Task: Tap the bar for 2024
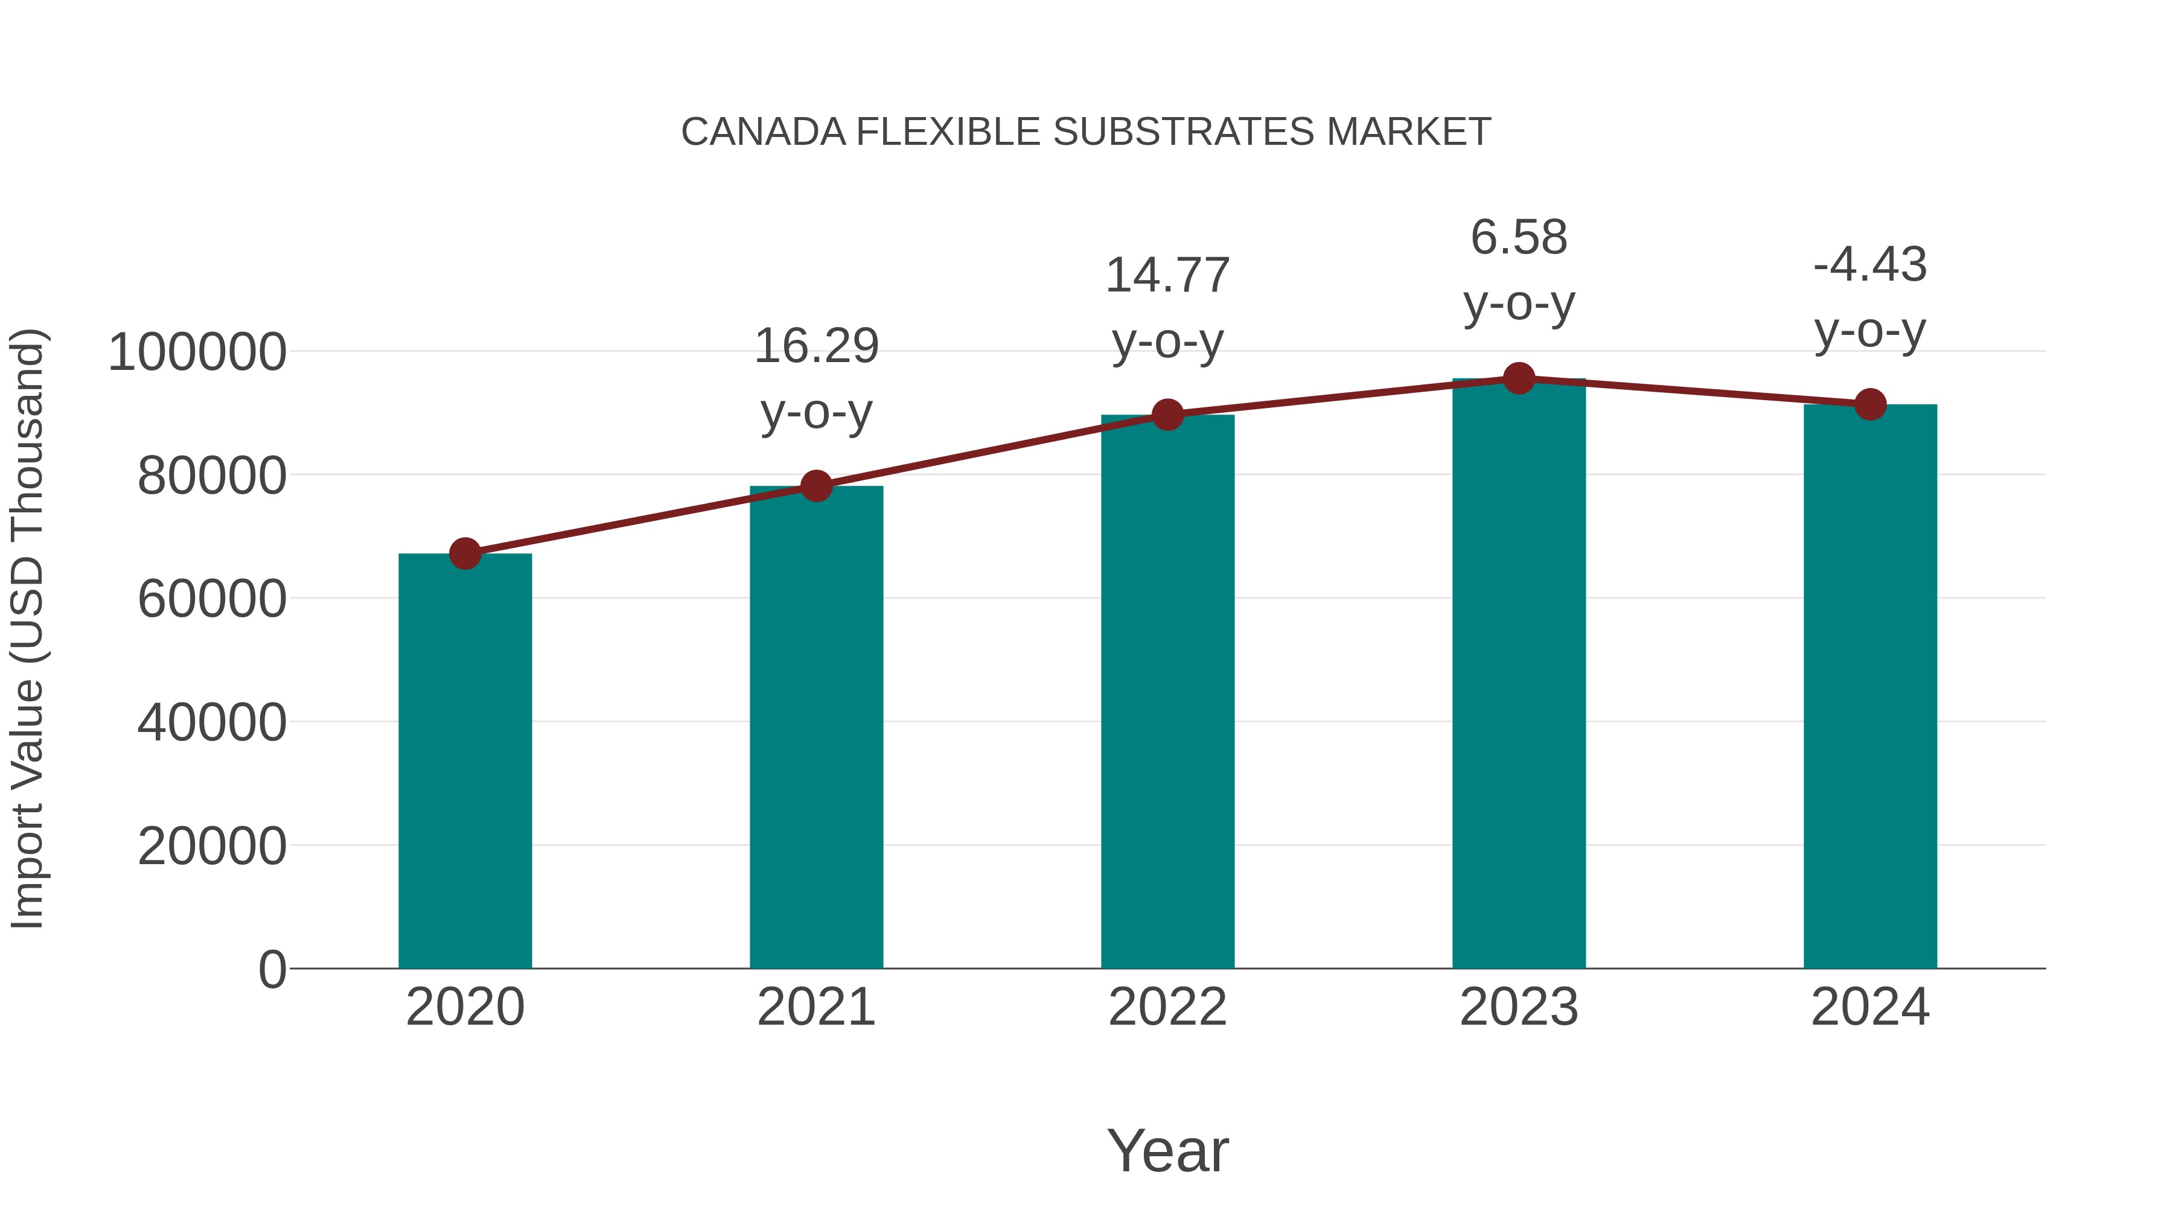click(x=1870, y=687)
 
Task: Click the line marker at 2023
click(x=1519, y=378)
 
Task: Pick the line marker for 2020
click(x=465, y=554)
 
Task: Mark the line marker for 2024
click(x=1870, y=405)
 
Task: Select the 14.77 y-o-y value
click(x=1167, y=276)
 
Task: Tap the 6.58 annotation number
click(x=1519, y=237)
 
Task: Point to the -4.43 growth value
click(x=1870, y=265)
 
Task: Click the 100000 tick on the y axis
click(x=197, y=352)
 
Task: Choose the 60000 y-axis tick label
click(x=212, y=600)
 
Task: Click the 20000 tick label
click(x=212, y=847)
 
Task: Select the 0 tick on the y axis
click(x=272, y=970)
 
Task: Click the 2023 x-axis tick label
click(x=1519, y=1007)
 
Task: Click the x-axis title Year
click(x=1167, y=1150)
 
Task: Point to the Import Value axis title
click(x=27, y=628)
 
